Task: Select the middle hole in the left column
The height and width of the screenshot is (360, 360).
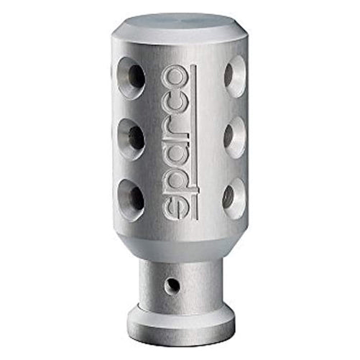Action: click(x=131, y=139)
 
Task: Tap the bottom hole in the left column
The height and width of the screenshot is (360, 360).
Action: click(x=131, y=200)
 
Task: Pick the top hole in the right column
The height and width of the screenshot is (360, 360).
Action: click(x=236, y=76)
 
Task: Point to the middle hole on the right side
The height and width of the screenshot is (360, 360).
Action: click(x=236, y=138)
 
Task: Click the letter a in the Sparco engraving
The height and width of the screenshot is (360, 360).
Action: click(x=174, y=149)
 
